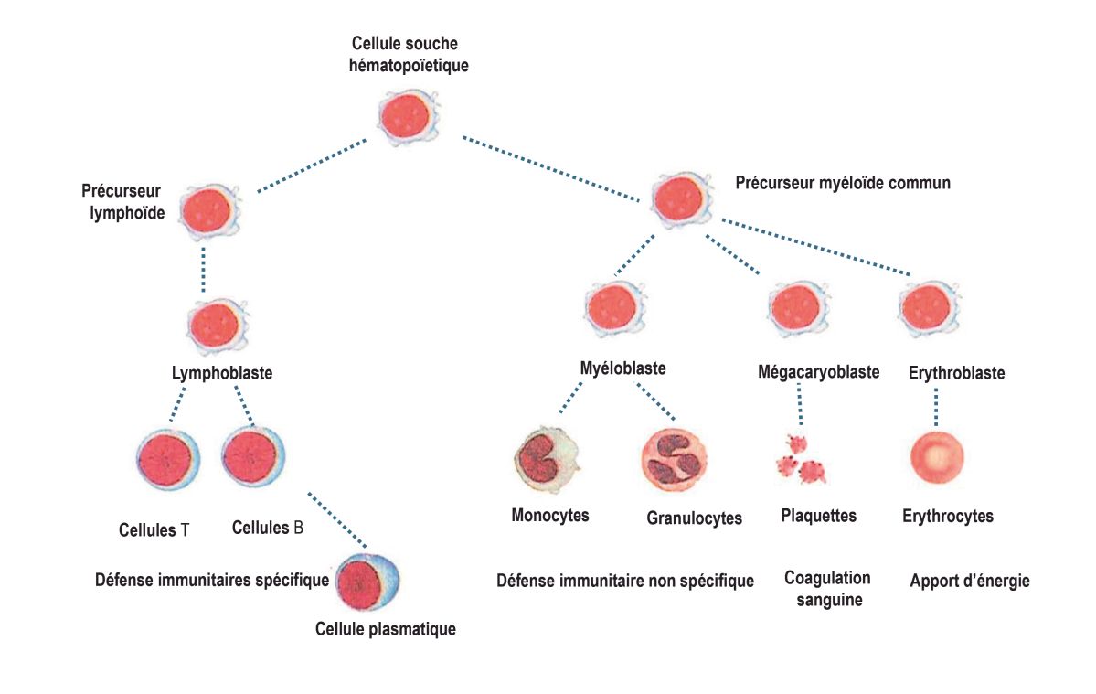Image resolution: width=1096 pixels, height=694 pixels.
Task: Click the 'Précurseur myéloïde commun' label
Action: pos(842,183)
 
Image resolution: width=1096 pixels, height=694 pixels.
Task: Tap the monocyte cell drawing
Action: pos(546,458)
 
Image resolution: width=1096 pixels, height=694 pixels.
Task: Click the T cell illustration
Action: pos(167,456)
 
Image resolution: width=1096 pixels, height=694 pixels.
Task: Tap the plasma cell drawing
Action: pos(367,582)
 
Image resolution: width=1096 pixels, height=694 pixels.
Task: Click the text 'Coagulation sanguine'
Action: pos(826,589)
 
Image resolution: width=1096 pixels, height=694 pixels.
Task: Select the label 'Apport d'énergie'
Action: pos(969,581)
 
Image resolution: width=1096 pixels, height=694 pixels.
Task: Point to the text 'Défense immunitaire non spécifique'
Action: pos(624,581)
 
